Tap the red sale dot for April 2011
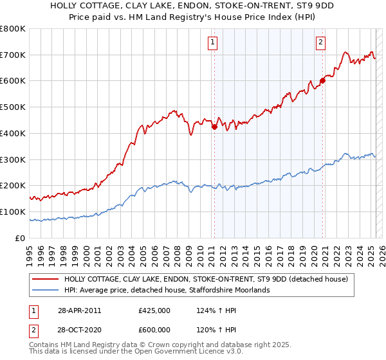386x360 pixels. (x=214, y=127)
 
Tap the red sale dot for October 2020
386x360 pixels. (x=322, y=81)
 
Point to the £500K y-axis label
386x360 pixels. (x=13, y=107)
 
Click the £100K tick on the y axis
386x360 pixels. (x=13, y=212)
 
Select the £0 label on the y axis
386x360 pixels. (x=21, y=238)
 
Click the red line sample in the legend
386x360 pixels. (x=46, y=279)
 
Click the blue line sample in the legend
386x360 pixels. (x=46, y=291)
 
